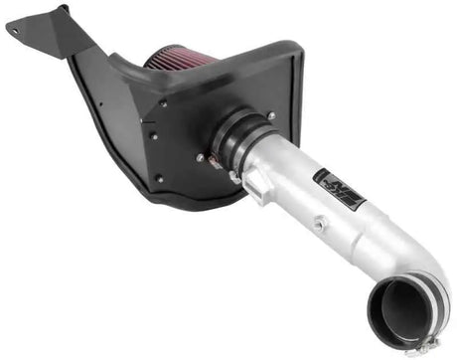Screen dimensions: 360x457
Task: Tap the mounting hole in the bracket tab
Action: [17, 29]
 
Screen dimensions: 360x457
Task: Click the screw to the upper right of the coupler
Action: [271, 116]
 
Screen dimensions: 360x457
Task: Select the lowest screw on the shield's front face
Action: [158, 179]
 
